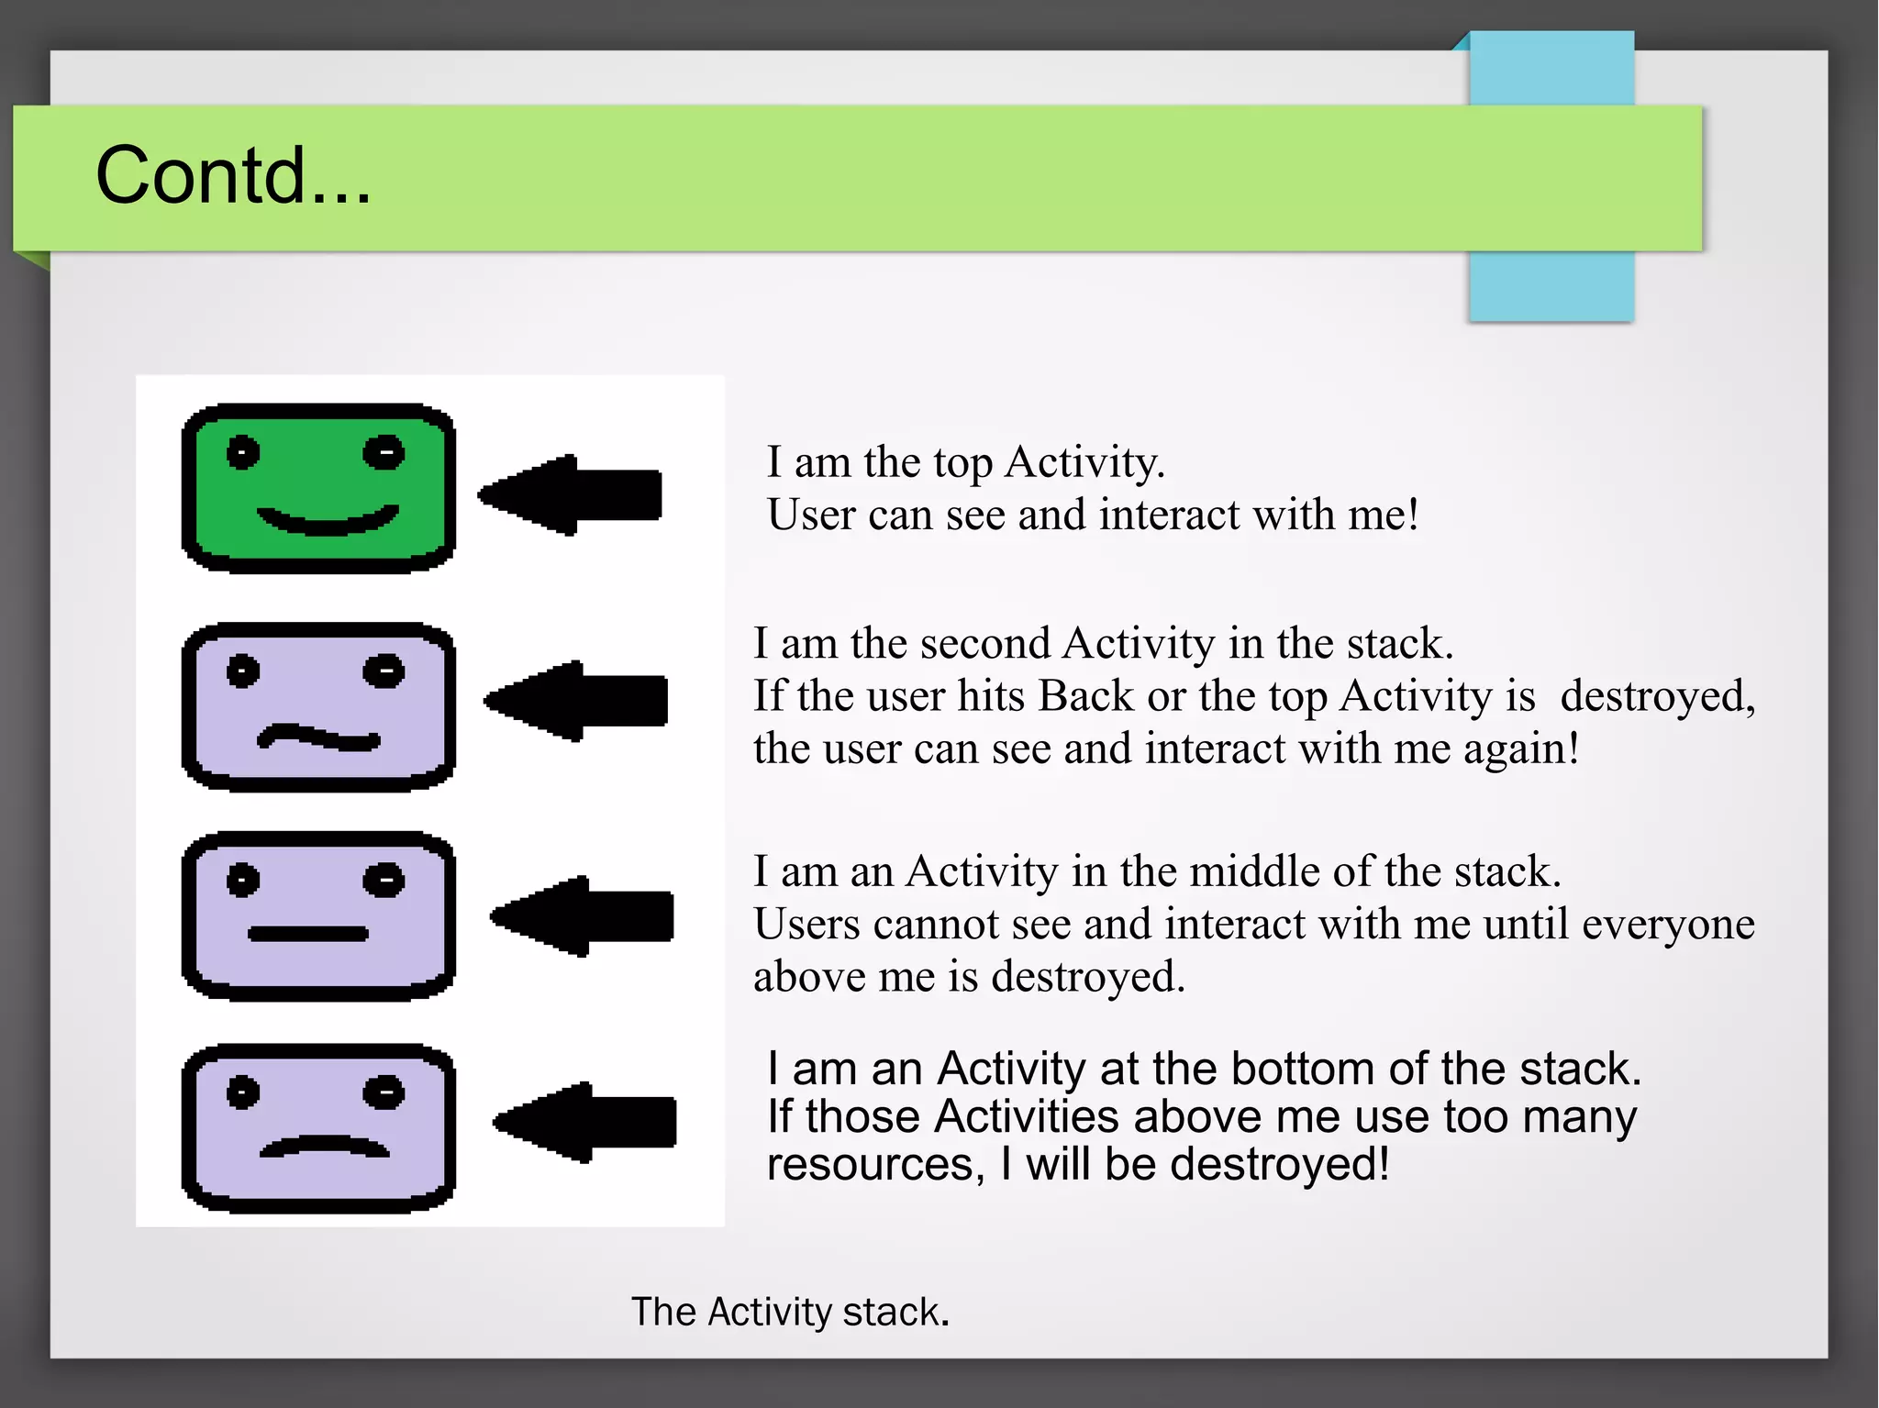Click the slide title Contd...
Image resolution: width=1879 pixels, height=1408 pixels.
[x=233, y=175]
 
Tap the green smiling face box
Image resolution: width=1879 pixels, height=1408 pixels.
[x=318, y=488]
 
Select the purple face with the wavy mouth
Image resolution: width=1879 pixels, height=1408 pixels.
[x=318, y=706]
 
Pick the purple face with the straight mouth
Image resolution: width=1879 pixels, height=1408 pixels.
[x=318, y=916]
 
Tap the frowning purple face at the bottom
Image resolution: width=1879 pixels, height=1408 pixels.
[x=318, y=1127]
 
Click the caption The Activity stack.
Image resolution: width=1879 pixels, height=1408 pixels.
[x=789, y=1312]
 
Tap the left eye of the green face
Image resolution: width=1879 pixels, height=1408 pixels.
[x=243, y=452]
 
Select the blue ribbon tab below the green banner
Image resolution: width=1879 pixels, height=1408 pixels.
[x=1551, y=285]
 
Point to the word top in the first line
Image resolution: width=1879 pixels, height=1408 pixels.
[x=962, y=462]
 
